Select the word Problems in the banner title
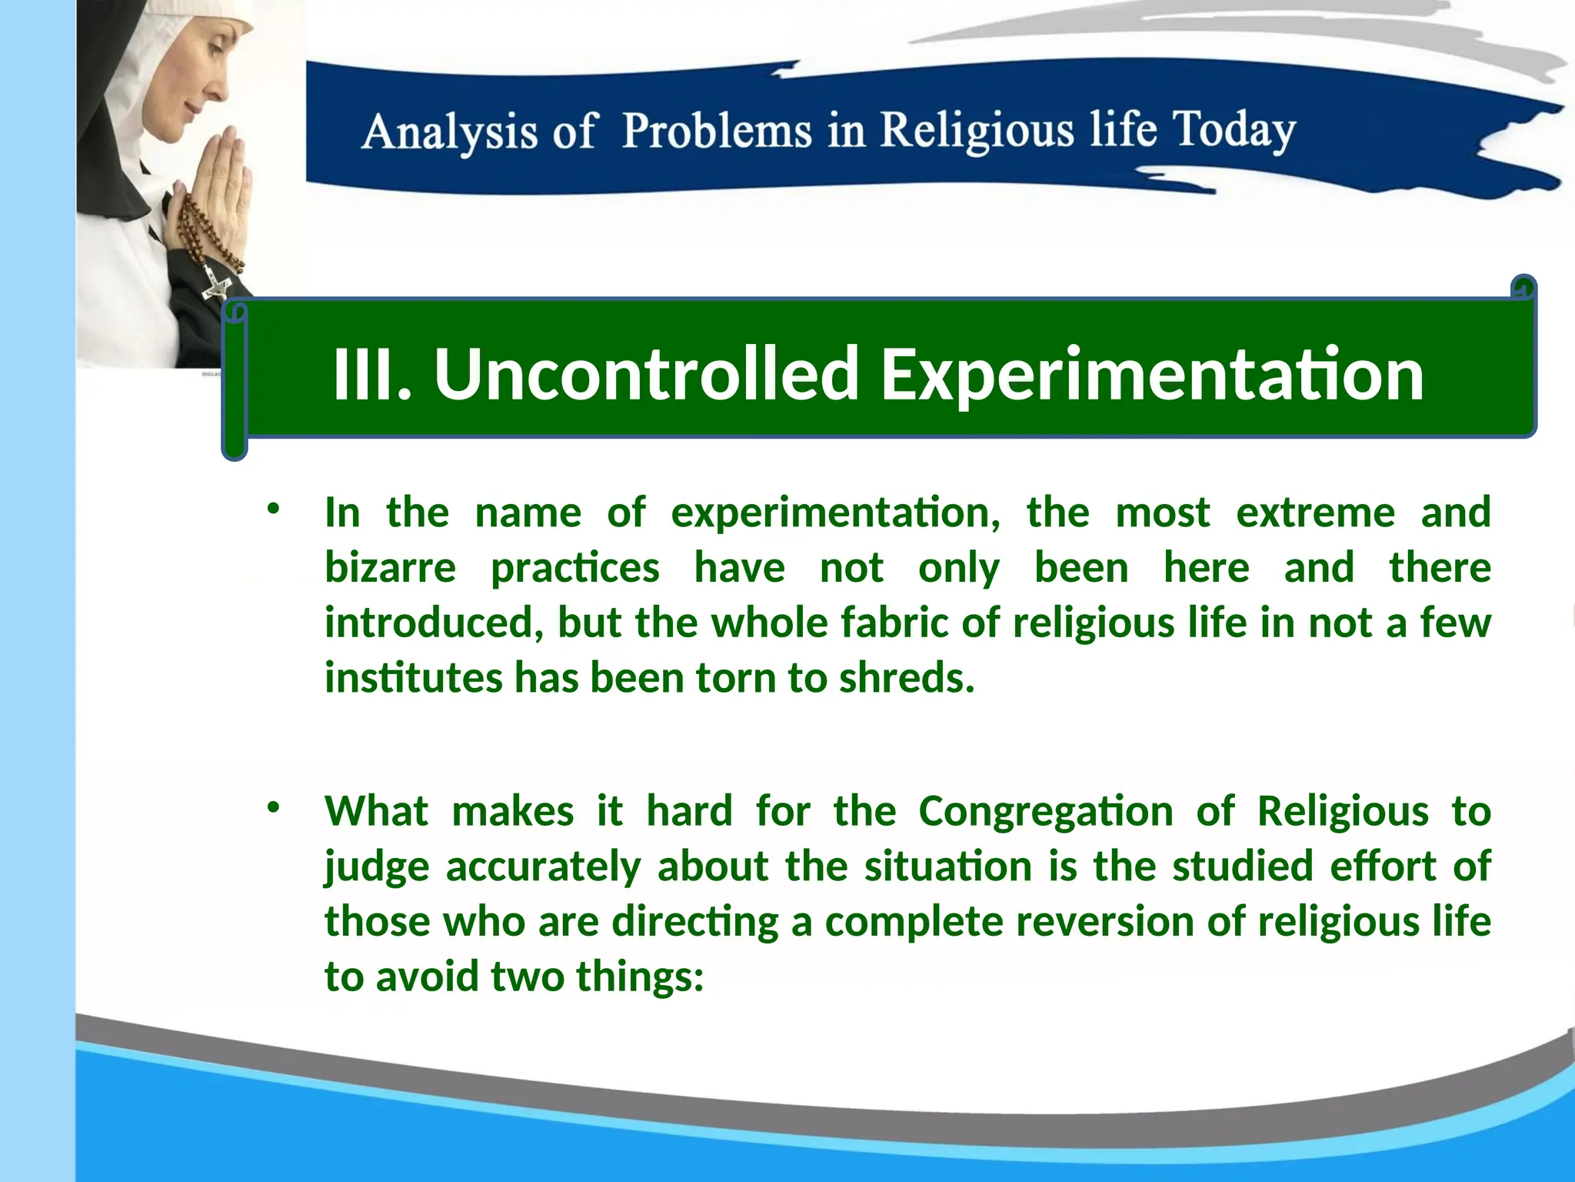[716, 130]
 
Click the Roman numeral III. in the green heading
[372, 375]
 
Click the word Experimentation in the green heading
[1151, 375]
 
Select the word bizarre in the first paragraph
[390, 568]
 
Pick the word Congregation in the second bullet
[1045, 811]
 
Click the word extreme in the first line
[1314, 513]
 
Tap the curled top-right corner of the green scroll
[1523, 288]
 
